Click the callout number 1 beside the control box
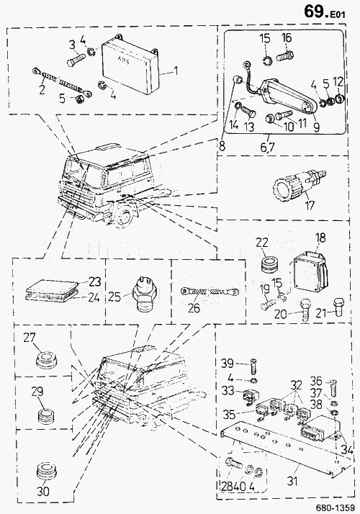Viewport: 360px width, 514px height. pos(176,71)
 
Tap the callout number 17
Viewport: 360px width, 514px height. pos(309,206)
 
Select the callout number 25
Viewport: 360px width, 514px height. pos(114,297)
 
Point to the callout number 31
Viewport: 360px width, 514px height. pos(292,481)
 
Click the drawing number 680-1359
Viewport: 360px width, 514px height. pos(335,508)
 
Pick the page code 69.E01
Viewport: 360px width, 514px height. pos(324,12)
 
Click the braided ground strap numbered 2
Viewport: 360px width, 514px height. pos(62,82)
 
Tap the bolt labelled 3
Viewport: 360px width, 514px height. pos(76,60)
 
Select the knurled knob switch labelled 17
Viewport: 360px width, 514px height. pos(295,185)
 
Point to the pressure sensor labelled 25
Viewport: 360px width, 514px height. pos(143,294)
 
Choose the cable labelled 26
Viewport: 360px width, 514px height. pos(210,292)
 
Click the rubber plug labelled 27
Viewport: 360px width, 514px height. pos(45,360)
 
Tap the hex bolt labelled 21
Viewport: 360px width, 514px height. pos(338,306)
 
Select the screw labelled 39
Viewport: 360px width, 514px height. pos(253,366)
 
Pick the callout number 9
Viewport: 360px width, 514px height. pos(316,127)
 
